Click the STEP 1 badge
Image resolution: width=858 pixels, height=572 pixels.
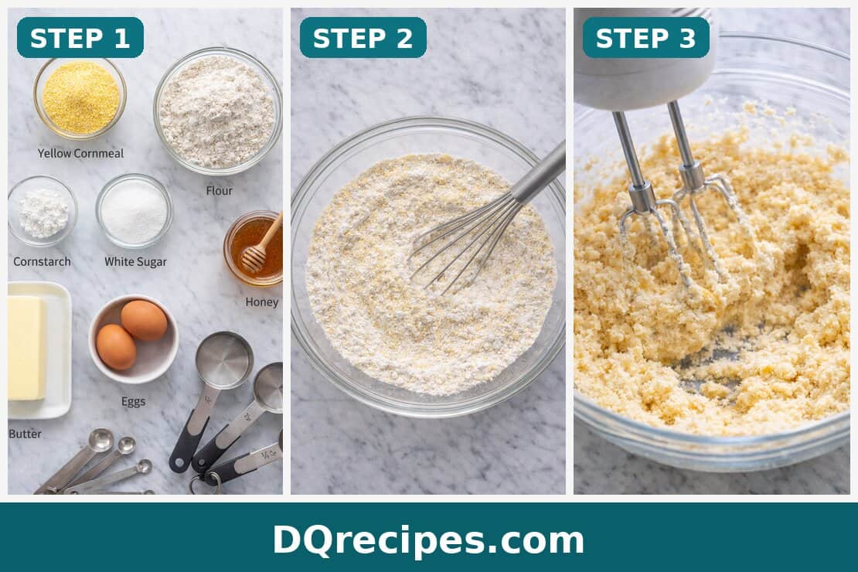tap(80, 38)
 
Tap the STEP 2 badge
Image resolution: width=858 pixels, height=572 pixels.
tap(363, 38)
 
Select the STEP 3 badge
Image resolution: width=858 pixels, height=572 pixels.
tap(645, 38)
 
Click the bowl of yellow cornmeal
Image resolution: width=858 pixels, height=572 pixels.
tap(80, 97)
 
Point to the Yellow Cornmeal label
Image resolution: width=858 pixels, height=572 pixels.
tap(80, 153)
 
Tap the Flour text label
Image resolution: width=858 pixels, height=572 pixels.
tap(219, 190)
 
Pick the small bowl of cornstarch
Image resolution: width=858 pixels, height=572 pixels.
tap(43, 212)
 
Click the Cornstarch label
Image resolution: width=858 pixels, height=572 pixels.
tap(42, 261)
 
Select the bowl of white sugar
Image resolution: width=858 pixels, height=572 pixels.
tap(134, 211)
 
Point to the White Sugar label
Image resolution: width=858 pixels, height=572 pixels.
tap(135, 261)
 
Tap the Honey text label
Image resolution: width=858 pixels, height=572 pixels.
tap(261, 301)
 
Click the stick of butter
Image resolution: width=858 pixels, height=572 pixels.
tap(26, 348)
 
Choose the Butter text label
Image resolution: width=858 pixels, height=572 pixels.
tap(25, 434)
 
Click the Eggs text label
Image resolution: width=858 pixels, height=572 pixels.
tap(133, 401)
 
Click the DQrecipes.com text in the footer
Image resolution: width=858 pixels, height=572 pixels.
tap(428, 540)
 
